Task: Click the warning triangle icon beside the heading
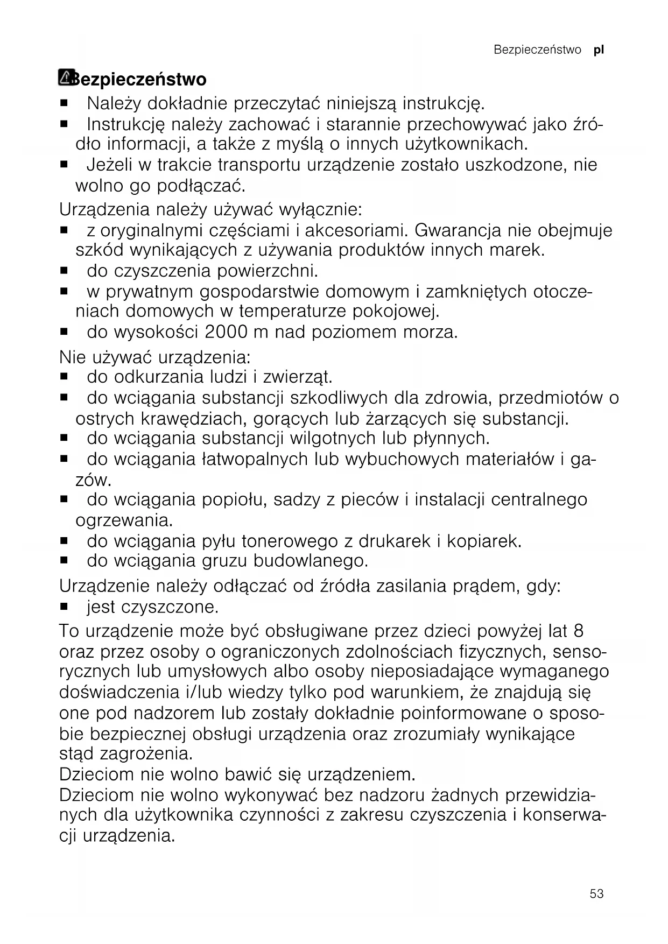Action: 66,78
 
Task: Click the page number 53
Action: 596,893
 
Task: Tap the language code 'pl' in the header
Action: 599,50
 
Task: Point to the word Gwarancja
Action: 458,230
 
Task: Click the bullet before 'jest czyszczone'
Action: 64,607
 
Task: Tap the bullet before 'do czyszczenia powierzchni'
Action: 64,271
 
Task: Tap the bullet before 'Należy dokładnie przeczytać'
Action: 64,102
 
